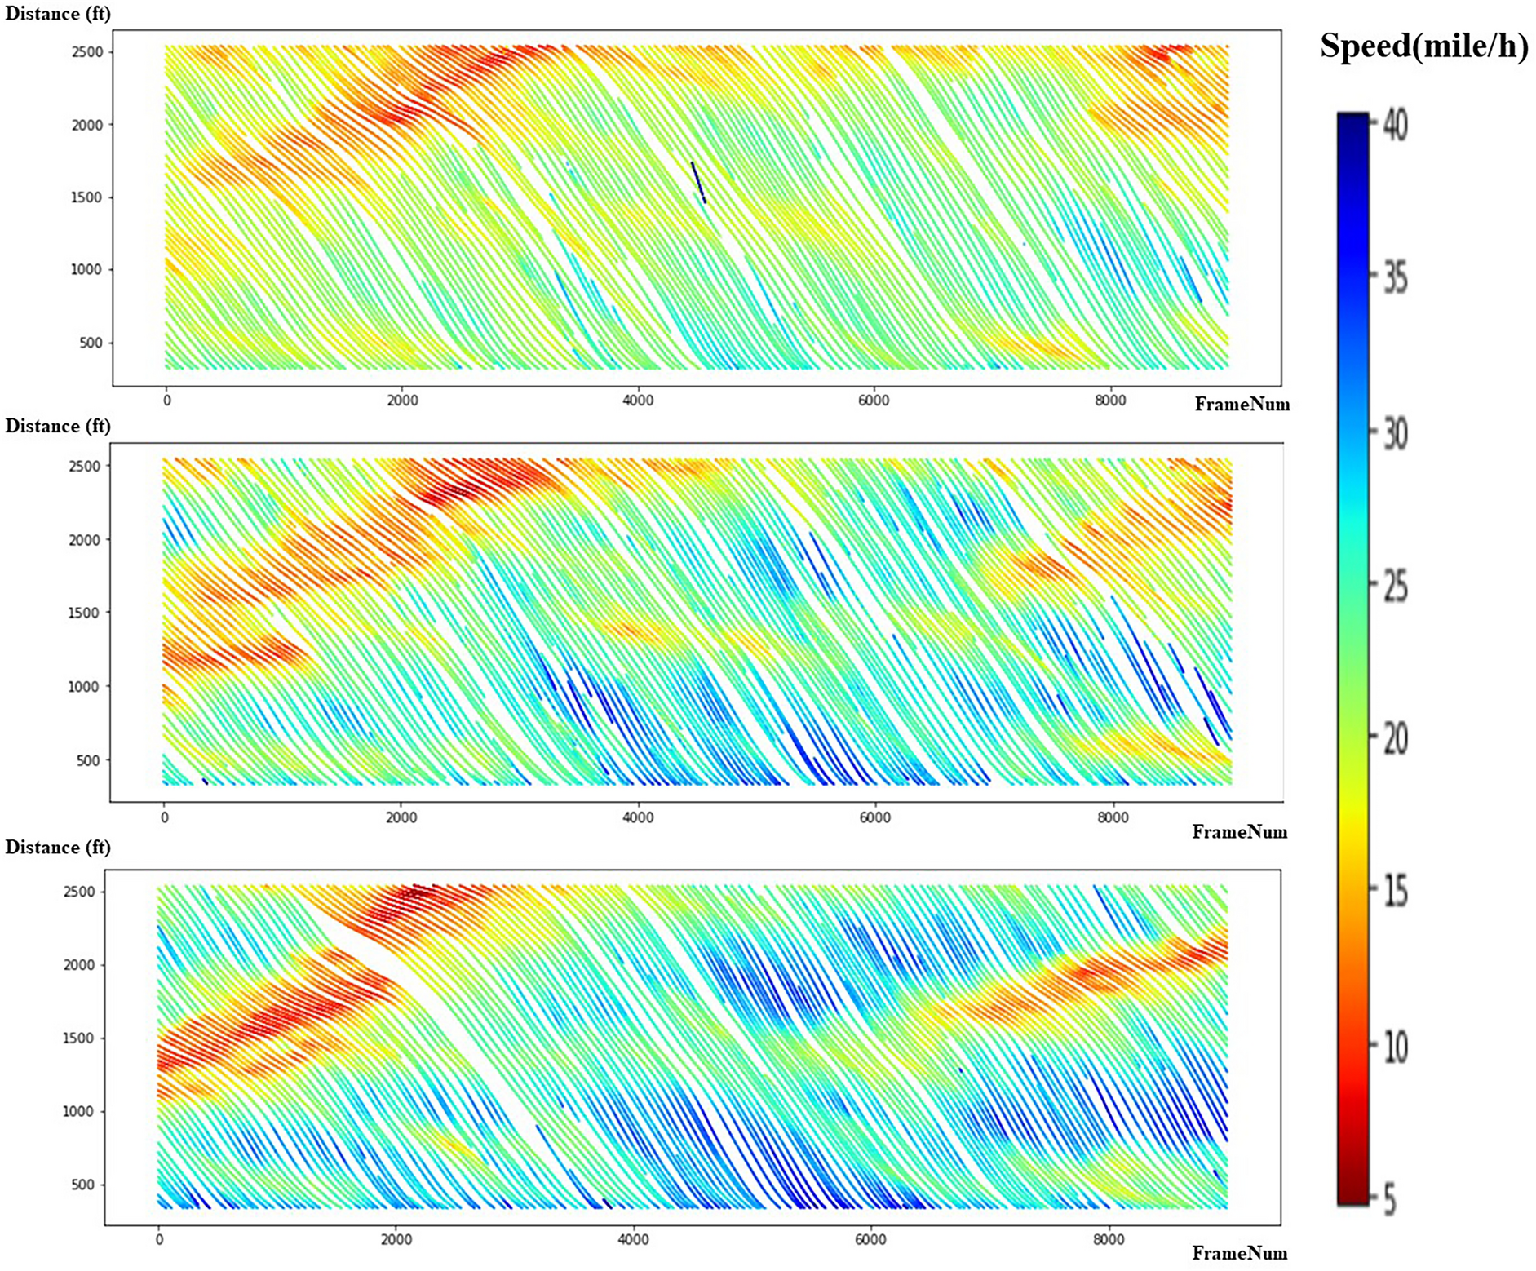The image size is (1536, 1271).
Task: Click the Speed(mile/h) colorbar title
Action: click(1423, 46)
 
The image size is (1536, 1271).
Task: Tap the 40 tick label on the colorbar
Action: click(1396, 127)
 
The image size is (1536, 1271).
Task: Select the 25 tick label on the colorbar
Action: click(1396, 587)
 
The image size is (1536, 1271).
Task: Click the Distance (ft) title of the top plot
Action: click(57, 14)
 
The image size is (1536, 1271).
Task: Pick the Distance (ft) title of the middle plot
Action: click(57, 426)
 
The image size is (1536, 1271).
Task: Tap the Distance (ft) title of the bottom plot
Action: click(57, 847)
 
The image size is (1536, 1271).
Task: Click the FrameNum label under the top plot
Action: click(1242, 404)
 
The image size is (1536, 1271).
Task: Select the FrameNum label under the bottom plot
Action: click(1239, 1253)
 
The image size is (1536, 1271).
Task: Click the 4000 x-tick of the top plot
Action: click(638, 401)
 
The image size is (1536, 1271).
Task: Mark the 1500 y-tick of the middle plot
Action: click(84, 613)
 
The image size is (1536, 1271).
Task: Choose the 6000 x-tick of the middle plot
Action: click(874, 817)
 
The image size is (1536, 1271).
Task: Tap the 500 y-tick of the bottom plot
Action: click(82, 1185)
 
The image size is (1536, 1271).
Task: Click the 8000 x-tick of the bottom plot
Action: click(1109, 1240)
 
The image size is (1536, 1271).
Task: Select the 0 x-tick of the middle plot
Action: click(165, 817)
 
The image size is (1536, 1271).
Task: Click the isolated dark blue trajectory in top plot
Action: click(698, 182)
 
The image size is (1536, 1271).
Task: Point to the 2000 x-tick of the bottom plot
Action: click(396, 1240)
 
